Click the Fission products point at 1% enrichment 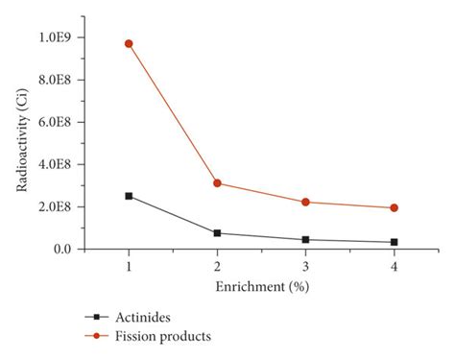129,43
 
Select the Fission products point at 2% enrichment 217,182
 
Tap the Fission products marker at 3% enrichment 305,202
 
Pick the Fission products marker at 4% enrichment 394,207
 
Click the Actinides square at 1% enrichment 129,196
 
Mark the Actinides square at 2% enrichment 217,233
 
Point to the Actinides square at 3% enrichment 305,239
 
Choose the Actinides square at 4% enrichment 394,242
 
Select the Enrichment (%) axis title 261,286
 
